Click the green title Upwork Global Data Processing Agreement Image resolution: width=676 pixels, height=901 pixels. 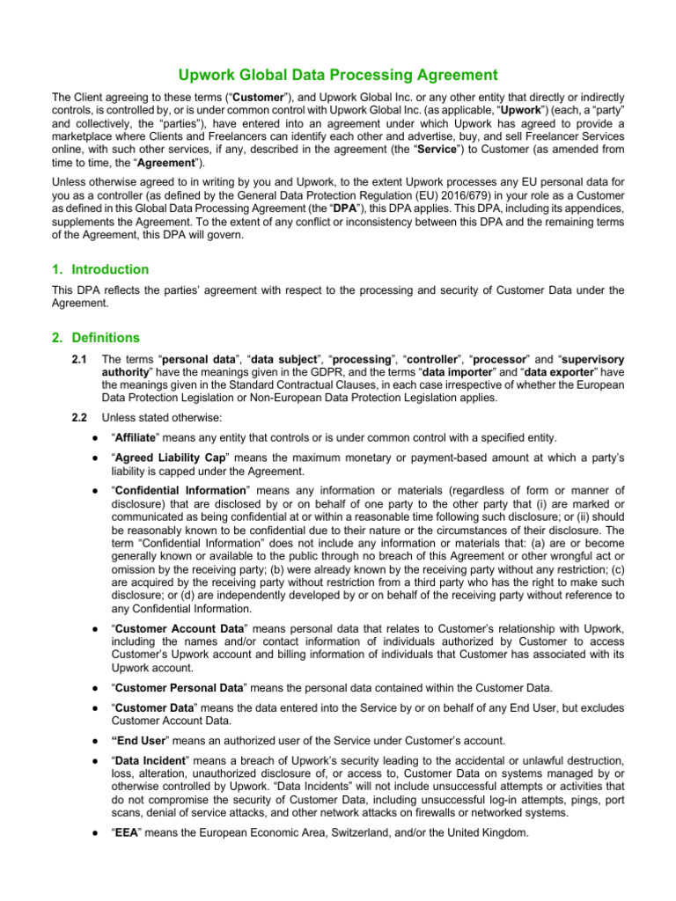(338, 76)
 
